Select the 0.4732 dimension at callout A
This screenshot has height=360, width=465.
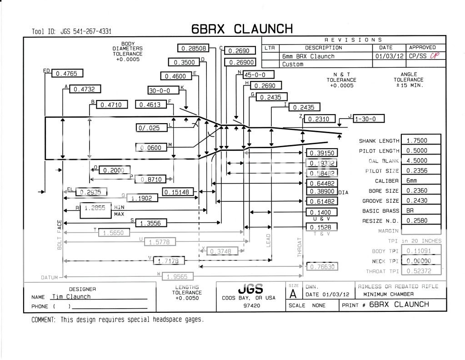(x=85, y=89)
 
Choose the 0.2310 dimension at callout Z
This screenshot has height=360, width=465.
(x=320, y=119)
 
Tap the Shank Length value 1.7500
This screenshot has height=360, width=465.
(x=423, y=140)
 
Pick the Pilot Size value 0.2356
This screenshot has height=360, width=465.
(x=423, y=171)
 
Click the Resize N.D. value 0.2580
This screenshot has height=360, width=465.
(x=423, y=221)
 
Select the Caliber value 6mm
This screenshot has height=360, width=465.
(x=423, y=181)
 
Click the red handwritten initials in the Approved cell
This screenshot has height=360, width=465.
(x=434, y=56)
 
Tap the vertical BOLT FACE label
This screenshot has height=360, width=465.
(x=60, y=235)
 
